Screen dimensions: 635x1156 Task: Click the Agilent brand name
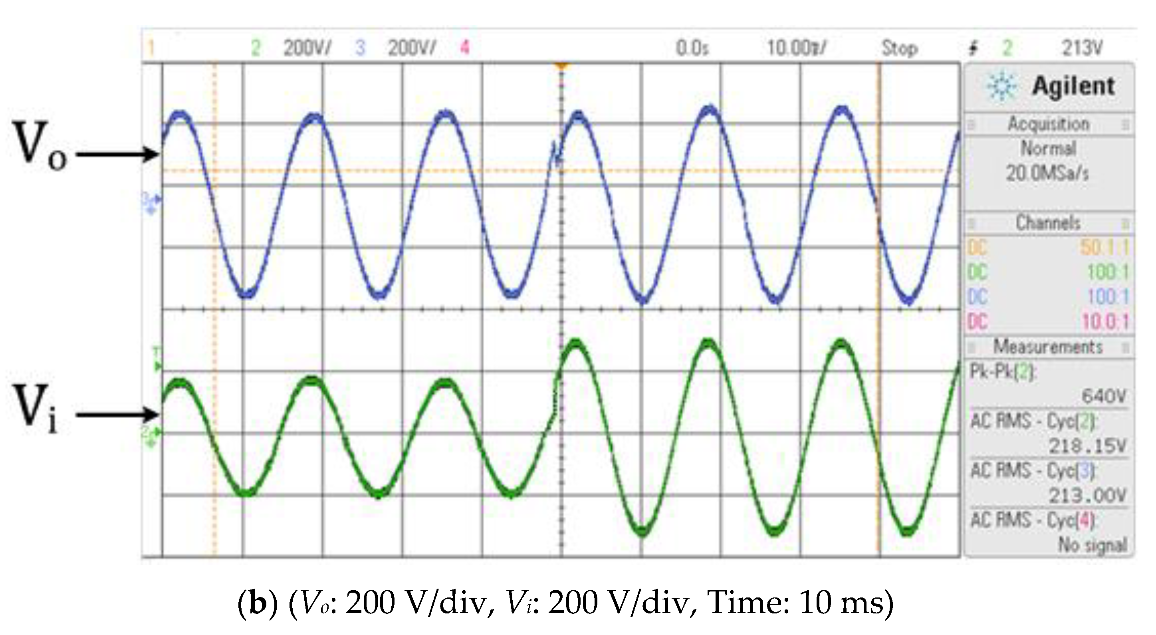pos(1073,86)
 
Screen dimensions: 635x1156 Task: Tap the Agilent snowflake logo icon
pos(1001,86)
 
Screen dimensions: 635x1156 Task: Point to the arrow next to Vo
pos(117,155)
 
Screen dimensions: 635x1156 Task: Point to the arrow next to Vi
pos(117,414)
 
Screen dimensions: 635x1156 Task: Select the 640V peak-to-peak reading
pos(1104,396)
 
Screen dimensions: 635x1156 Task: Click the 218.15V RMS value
pos(1087,446)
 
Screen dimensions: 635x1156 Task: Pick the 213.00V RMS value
pos(1087,496)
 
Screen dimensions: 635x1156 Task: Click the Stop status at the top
pos(899,48)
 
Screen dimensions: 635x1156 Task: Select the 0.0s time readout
pos(692,48)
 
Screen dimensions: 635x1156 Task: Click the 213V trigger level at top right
pos(1081,48)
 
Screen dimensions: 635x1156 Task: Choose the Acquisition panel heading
pos(1048,124)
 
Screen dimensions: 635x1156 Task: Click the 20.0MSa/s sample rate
pos(1047,173)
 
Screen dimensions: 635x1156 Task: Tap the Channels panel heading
pos(1048,223)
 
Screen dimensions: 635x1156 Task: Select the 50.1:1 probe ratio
pos(1104,248)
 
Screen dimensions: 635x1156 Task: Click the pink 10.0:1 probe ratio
pos(1105,322)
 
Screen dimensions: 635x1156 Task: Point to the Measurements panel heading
pos(1048,347)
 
